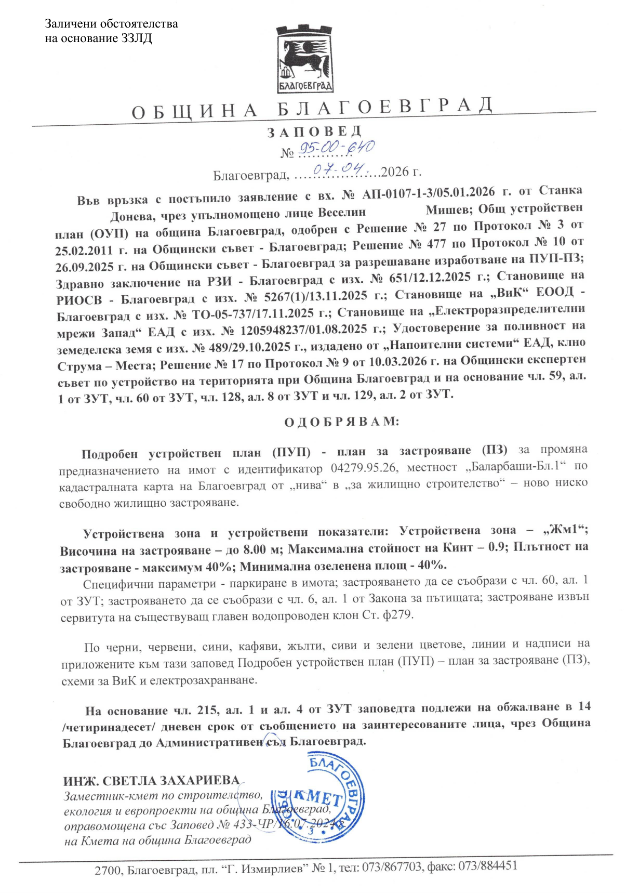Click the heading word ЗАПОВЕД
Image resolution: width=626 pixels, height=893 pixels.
[314, 132]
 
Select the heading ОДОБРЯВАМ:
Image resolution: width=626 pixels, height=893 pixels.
[341, 422]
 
